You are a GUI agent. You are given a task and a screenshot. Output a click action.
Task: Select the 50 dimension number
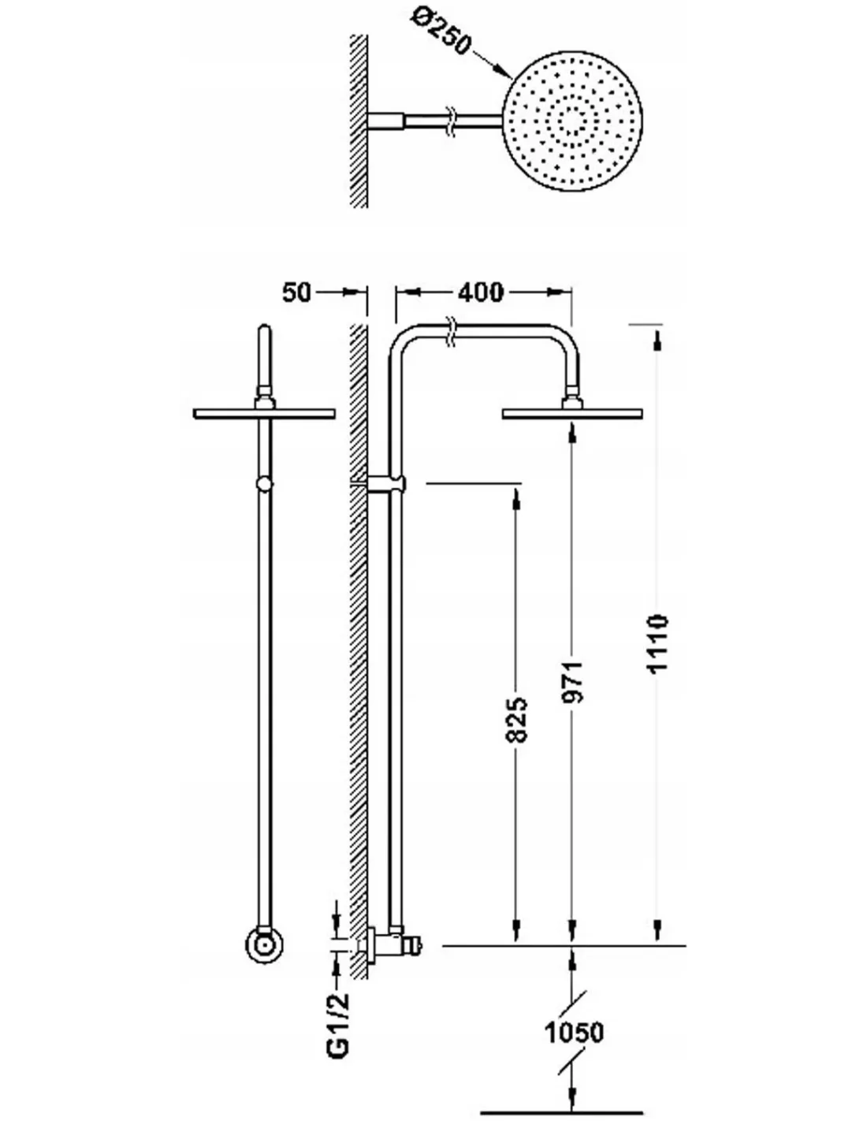click(296, 292)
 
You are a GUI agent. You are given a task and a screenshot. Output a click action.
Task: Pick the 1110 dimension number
click(657, 643)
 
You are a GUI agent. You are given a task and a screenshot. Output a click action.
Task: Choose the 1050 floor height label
click(574, 1032)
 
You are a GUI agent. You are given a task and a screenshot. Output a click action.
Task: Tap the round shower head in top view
click(573, 121)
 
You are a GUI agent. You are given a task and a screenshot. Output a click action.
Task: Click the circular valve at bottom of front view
click(264, 943)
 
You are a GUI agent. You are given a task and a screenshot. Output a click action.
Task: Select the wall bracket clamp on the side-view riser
click(388, 483)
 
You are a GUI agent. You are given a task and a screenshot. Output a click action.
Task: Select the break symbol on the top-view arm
click(451, 119)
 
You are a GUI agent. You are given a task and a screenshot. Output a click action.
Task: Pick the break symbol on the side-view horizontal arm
click(450, 332)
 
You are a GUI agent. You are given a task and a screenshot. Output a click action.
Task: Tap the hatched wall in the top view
click(359, 121)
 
